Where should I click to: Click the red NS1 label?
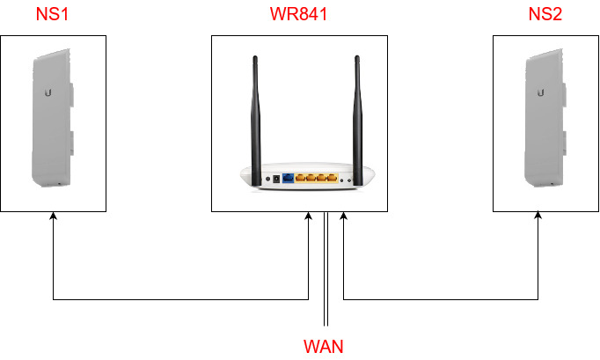pyautogui.click(x=54, y=15)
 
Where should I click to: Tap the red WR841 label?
pyautogui.click(x=300, y=15)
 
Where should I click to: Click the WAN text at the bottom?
pyautogui.click(x=325, y=346)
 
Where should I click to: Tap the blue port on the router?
pyautogui.click(x=288, y=178)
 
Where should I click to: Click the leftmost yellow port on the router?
pyautogui.click(x=301, y=178)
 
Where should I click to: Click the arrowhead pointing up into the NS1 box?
pyautogui.click(x=54, y=217)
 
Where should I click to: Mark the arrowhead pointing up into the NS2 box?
pyautogui.click(x=538, y=217)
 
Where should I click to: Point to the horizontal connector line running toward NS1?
pyautogui.click(x=176, y=299)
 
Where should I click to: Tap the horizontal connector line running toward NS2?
pyautogui.click(x=440, y=299)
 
